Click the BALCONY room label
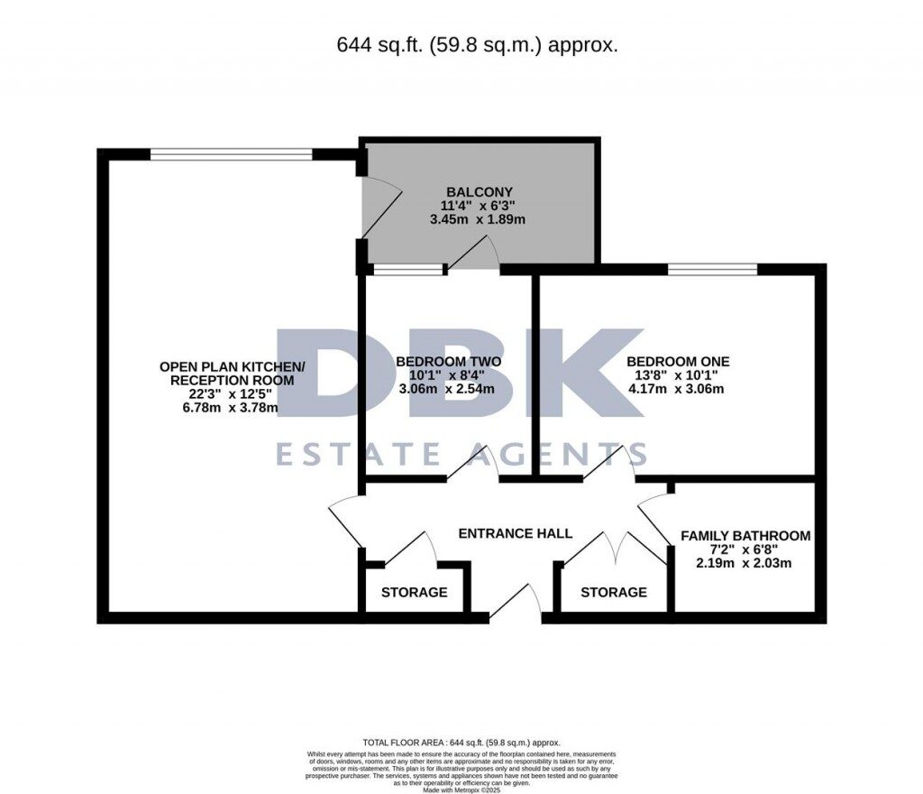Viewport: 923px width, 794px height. [x=480, y=191]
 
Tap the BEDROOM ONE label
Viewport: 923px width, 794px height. [x=678, y=361]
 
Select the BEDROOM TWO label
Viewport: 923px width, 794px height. [x=448, y=361]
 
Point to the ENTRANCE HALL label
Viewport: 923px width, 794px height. [x=515, y=533]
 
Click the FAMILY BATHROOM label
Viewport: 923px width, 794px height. [x=745, y=535]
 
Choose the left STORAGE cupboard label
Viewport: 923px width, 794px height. [x=414, y=592]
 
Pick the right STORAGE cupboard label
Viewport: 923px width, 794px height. [x=613, y=592]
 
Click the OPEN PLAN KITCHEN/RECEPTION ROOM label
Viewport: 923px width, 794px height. [x=233, y=373]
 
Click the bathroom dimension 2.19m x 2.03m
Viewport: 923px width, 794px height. [x=745, y=563]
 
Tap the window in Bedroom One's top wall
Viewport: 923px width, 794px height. [x=712, y=269]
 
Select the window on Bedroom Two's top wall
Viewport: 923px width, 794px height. [x=408, y=269]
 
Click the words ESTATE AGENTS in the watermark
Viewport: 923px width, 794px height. [x=461, y=454]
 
